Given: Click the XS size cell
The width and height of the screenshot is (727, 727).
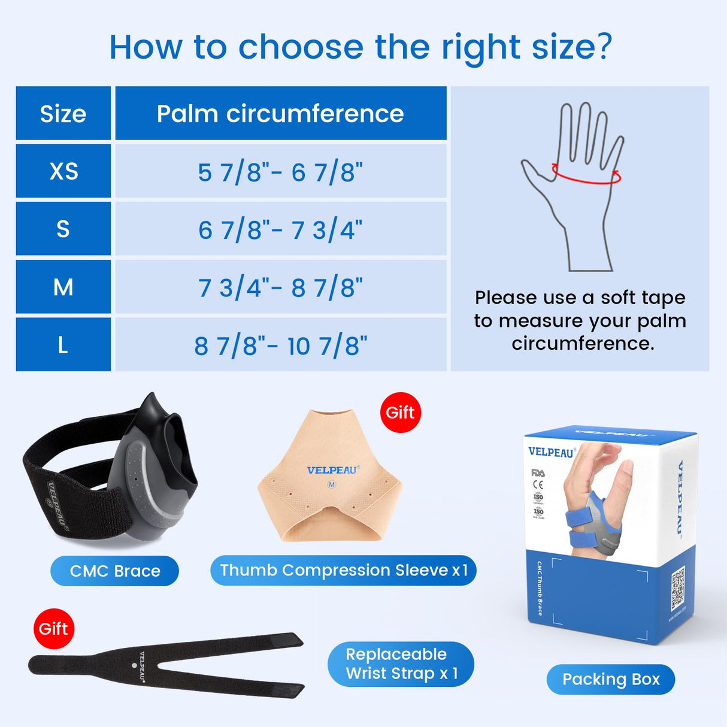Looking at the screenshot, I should (63, 171).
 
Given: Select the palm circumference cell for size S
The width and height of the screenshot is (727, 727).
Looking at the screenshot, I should (280, 229).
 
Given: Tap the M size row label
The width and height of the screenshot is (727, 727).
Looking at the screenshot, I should (63, 287).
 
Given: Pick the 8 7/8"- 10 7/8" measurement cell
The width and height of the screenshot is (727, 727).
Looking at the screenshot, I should (280, 345).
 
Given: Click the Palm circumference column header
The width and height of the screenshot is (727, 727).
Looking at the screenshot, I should (280, 113).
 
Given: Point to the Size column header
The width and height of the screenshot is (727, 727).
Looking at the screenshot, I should (63, 113).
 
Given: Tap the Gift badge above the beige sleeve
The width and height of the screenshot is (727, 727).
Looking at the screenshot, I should (400, 413).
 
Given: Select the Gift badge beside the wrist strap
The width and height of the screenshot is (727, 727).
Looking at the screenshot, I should (54, 629).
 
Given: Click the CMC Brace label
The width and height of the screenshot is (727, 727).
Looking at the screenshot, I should (115, 571).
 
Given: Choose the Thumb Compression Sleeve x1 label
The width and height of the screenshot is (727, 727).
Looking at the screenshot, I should (343, 570).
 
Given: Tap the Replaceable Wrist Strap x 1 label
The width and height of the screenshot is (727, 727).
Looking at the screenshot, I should (401, 664).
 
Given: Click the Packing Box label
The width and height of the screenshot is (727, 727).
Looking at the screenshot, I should (611, 679).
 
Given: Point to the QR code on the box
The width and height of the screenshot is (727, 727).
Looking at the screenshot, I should (678, 589).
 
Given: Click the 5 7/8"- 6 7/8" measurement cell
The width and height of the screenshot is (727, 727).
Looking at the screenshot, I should (280, 172).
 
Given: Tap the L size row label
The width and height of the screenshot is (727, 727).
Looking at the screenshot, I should (63, 344).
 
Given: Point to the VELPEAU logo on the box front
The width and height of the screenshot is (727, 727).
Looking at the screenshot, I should (551, 452).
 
